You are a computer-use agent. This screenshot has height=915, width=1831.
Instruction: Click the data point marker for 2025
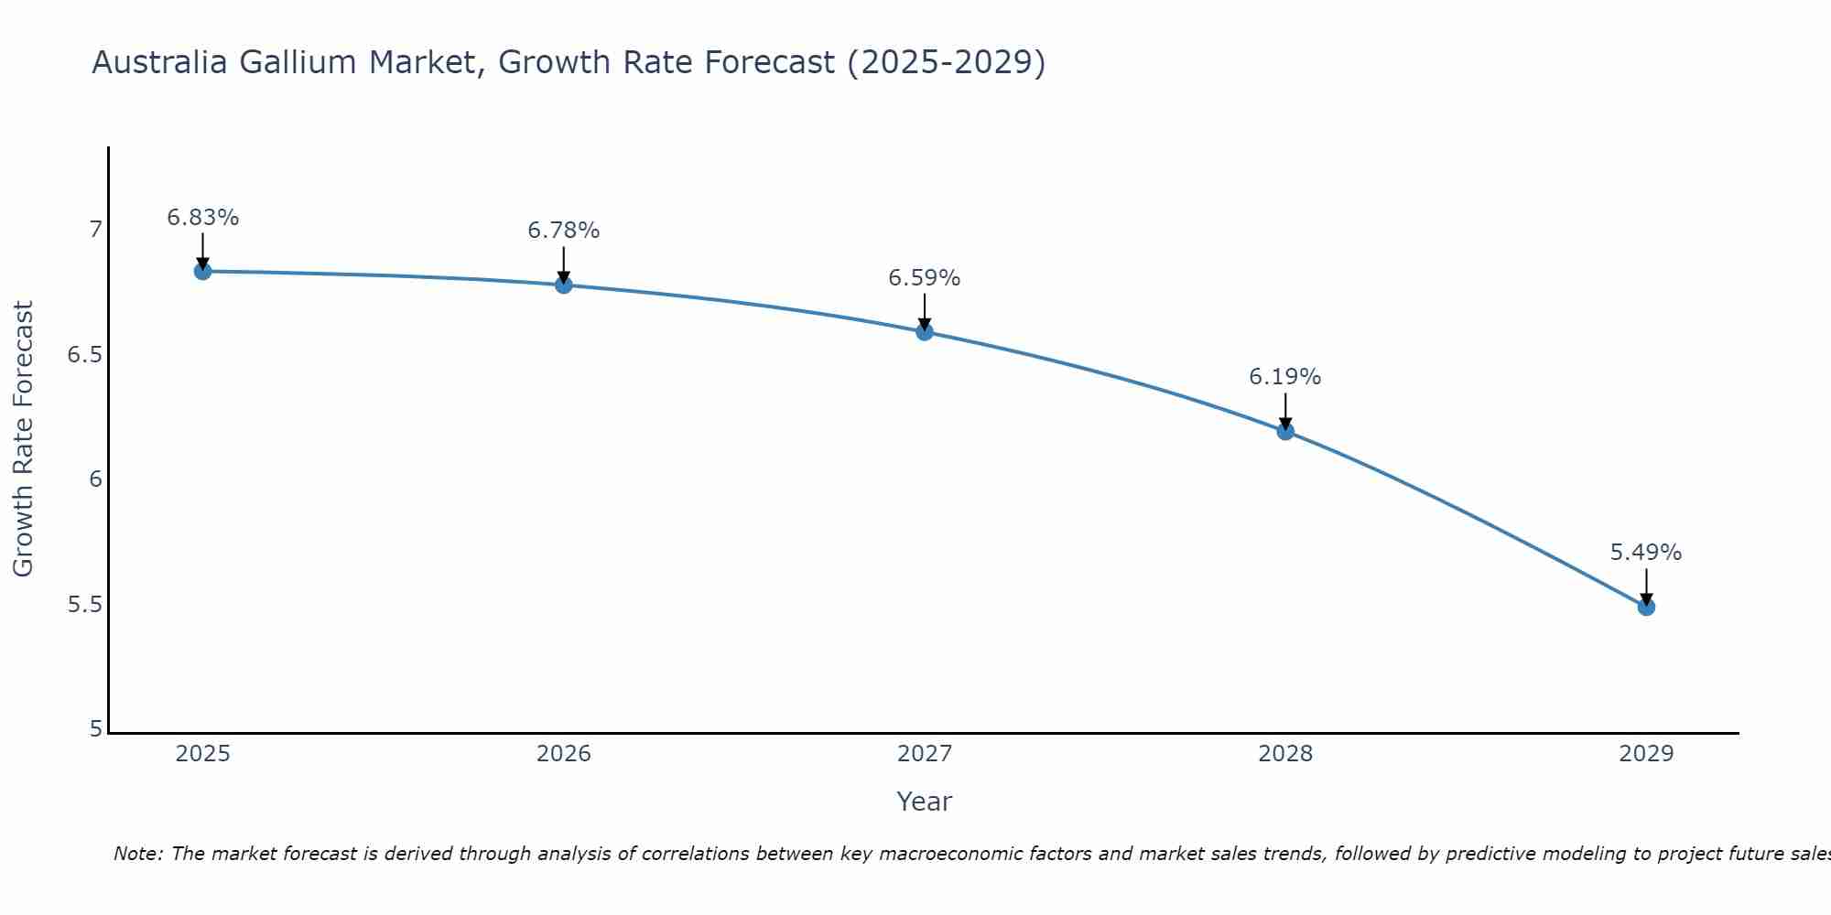(x=203, y=271)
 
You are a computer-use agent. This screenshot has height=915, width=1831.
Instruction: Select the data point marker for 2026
(x=564, y=285)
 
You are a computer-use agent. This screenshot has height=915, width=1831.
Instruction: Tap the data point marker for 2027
(x=925, y=331)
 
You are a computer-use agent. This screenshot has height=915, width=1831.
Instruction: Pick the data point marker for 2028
(x=1285, y=431)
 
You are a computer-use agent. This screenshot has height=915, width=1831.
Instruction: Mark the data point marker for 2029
(x=1646, y=607)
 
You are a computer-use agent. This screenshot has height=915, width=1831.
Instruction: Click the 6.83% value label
(x=203, y=218)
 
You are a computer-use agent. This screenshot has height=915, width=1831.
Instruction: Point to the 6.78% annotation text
(x=564, y=231)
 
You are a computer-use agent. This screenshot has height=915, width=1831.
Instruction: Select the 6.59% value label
(x=925, y=278)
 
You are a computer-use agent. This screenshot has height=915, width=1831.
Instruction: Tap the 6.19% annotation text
(x=1285, y=377)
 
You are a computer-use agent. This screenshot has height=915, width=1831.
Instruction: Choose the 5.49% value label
(x=1646, y=553)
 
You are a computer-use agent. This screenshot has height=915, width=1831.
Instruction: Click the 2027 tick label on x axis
(x=925, y=754)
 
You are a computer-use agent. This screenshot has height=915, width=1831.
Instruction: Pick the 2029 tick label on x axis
(x=1646, y=754)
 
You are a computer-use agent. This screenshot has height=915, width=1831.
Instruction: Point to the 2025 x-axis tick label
(x=203, y=754)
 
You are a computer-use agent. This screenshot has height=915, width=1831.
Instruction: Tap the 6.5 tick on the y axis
(x=84, y=355)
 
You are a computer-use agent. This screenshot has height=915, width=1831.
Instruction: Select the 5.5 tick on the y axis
(x=84, y=606)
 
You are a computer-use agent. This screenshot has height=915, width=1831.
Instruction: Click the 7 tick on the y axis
(x=95, y=230)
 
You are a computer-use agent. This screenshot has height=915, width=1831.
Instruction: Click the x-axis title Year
(x=925, y=802)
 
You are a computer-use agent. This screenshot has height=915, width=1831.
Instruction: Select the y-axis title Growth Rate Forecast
(x=24, y=439)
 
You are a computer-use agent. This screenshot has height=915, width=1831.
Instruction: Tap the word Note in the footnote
(x=137, y=854)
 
